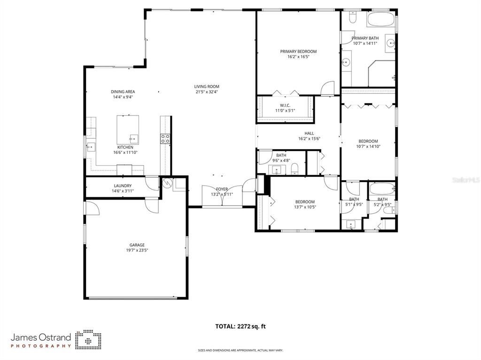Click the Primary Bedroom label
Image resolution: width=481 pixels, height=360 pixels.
(298, 51)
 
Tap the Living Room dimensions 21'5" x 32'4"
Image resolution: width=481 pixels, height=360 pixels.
(207, 92)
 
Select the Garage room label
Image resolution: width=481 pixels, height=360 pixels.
(137, 245)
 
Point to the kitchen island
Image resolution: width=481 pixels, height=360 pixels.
(128, 130)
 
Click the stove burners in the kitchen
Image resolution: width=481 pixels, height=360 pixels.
(165, 138)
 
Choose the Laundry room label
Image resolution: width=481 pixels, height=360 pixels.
(123, 185)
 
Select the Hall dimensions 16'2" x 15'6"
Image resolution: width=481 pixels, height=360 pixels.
(309, 139)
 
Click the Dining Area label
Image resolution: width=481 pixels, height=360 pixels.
(123, 92)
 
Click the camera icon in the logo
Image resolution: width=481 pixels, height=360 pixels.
(88, 339)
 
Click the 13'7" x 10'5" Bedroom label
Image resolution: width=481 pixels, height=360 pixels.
(304, 202)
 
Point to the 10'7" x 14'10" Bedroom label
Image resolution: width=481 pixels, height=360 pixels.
(368, 141)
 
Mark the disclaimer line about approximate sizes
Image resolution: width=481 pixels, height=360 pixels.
(240, 350)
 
